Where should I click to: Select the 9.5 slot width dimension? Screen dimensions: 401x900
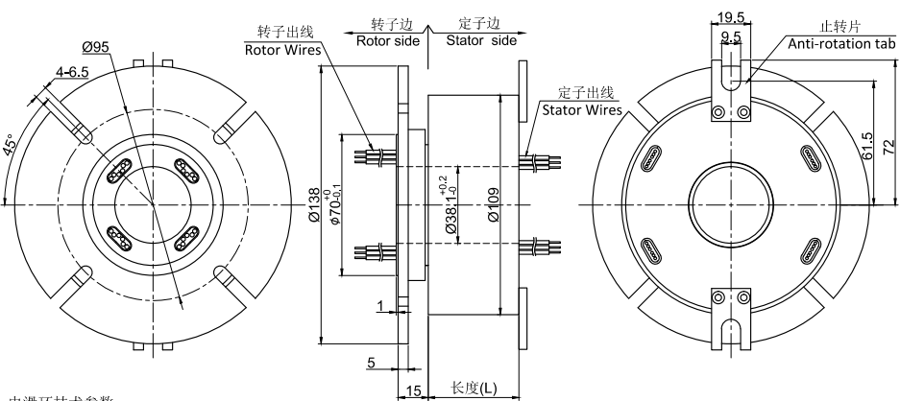(732, 38)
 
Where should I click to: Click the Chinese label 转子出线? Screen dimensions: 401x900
(283, 33)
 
